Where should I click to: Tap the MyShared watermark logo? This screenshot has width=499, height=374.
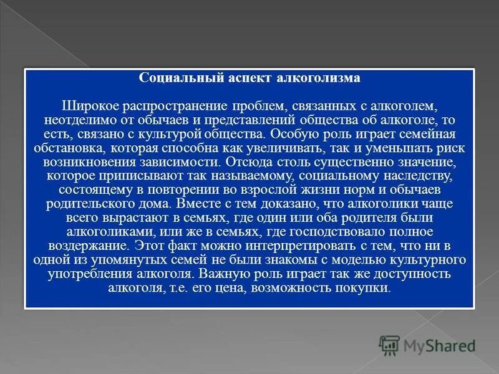[426, 343]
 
